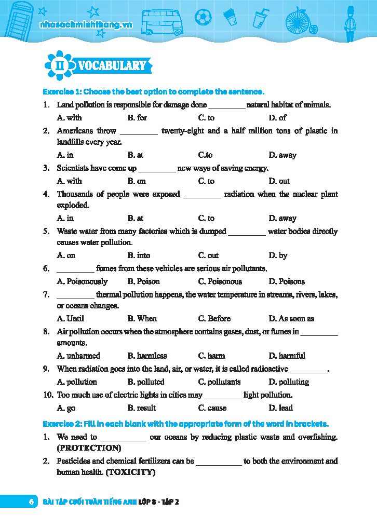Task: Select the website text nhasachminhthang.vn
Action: click(x=86, y=24)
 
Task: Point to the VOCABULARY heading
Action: click(x=113, y=65)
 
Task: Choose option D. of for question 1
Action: click(x=278, y=118)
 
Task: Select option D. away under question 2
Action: click(x=282, y=155)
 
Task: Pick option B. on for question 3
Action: click(x=137, y=181)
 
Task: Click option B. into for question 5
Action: click(x=139, y=255)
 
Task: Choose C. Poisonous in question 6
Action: click(x=220, y=281)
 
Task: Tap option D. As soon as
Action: click(x=291, y=318)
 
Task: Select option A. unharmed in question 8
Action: click(x=78, y=356)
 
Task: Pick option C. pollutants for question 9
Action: click(x=220, y=382)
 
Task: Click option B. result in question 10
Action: click(x=142, y=408)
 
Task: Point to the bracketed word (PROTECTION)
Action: click(x=89, y=448)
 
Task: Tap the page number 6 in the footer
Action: click(x=31, y=502)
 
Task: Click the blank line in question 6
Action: click(x=75, y=269)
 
